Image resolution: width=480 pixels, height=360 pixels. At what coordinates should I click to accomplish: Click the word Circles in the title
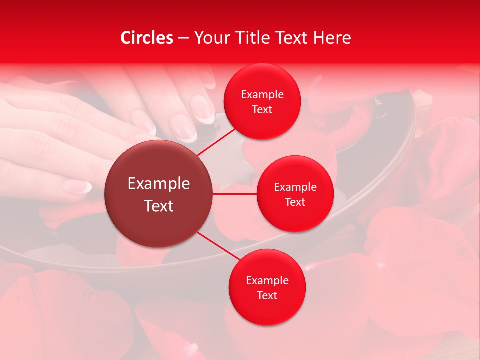pos(147,38)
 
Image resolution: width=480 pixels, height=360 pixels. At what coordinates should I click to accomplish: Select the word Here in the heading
pos(332,38)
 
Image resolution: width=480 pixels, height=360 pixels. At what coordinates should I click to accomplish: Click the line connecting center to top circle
pos(217,141)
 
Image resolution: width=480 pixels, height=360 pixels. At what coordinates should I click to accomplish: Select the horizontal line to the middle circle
pos(235,194)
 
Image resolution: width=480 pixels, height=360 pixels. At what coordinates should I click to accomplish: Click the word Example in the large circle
pos(159,184)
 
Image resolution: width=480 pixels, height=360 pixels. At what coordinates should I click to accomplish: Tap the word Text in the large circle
pos(159,206)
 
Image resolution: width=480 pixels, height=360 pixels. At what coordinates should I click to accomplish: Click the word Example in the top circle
pos(262,95)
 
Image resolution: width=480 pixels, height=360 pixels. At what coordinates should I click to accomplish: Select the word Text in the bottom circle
pos(267,295)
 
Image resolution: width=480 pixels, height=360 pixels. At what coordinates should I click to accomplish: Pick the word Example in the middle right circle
pos(295,187)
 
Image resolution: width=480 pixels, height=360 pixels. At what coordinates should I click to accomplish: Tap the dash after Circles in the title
pos(183,38)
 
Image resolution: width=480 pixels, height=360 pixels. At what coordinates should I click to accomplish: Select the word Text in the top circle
pos(262,110)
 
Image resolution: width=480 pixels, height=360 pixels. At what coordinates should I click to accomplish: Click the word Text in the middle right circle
pos(295,202)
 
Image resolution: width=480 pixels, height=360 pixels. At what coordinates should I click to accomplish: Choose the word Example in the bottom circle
pos(267,280)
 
